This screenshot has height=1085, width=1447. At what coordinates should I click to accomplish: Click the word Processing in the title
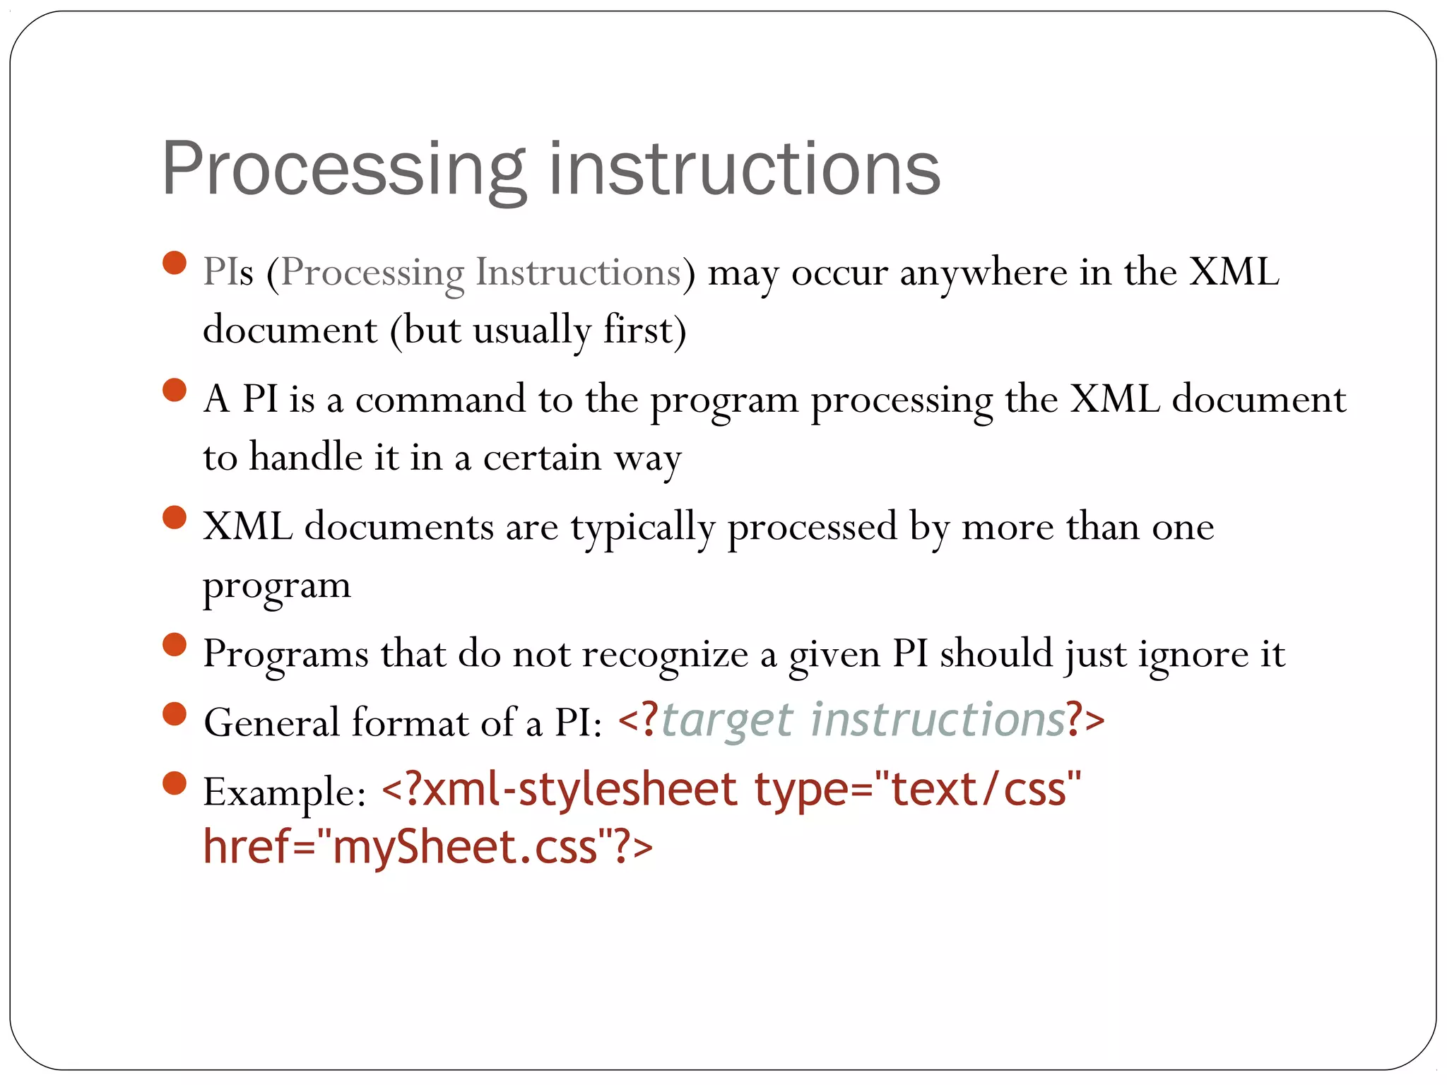tap(343, 170)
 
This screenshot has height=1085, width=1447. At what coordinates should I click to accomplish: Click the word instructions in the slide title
tap(745, 170)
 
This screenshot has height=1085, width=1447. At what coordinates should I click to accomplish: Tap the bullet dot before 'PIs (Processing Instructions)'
tap(174, 263)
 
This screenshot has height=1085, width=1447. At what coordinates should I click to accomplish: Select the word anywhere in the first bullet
tap(983, 273)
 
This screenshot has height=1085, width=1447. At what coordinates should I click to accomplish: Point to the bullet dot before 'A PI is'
tap(174, 390)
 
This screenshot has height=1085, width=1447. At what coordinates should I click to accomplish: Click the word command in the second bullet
tap(440, 400)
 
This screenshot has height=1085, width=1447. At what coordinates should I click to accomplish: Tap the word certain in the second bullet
tap(542, 458)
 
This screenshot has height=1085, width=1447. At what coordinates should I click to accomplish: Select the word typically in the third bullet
tap(643, 528)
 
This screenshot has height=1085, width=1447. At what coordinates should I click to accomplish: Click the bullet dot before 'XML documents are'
tap(174, 518)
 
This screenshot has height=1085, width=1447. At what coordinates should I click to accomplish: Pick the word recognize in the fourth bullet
tap(665, 654)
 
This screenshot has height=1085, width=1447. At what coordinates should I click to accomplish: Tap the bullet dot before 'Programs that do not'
tap(174, 645)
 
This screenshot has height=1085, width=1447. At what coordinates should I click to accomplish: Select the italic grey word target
tap(727, 721)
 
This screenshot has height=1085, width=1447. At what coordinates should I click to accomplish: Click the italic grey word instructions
tap(937, 720)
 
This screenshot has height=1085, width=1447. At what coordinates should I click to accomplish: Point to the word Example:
tap(284, 792)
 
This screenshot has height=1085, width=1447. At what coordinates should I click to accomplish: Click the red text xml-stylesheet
tap(572, 789)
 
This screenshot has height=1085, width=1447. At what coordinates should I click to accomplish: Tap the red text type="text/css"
tap(917, 789)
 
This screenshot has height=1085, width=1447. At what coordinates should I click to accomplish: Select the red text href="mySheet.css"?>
tap(427, 847)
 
